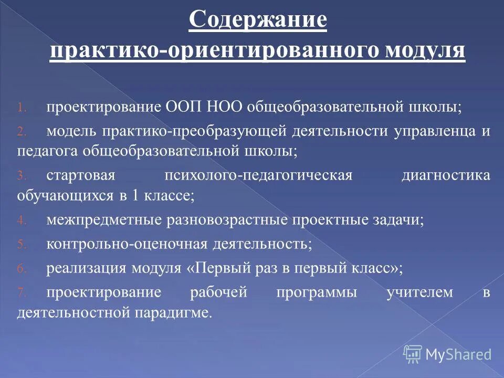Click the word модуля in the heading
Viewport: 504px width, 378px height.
pyautogui.click(x=426, y=51)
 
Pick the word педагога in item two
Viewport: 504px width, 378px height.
pyautogui.click(x=47, y=151)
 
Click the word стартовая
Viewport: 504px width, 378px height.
pyautogui.click(x=79, y=175)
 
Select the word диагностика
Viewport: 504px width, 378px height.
pyautogui.click(x=446, y=175)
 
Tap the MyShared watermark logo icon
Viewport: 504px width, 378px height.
pyautogui.click(x=413, y=353)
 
